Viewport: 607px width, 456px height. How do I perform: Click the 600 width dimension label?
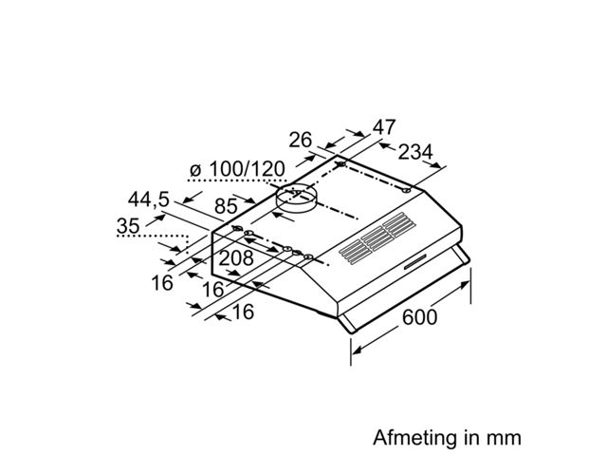[x=419, y=316]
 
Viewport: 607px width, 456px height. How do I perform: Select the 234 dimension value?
[x=415, y=152]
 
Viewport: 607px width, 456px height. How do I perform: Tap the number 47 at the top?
[x=384, y=127]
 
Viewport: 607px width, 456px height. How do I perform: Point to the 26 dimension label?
[x=300, y=140]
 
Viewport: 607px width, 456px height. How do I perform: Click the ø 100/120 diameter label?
[x=237, y=169]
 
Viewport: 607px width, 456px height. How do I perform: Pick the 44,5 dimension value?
[x=149, y=199]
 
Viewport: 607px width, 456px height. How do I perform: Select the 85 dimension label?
[x=226, y=206]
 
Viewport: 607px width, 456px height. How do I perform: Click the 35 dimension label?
[x=128, y=226]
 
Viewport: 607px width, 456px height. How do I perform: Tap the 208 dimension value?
[x=236, y=258]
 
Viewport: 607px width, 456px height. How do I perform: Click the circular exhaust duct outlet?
[x=296, y=198]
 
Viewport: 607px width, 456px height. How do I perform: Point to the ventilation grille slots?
[x=377, y=238]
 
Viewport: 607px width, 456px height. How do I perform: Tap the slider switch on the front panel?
[x=414, y=262]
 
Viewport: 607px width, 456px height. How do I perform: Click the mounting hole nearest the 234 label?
[x=406, y=191]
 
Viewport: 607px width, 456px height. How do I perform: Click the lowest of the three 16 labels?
[x=244, y=312]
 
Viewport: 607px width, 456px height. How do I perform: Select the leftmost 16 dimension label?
[x=162, y=283]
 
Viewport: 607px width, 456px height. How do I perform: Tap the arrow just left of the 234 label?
[x=387, y=146]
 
